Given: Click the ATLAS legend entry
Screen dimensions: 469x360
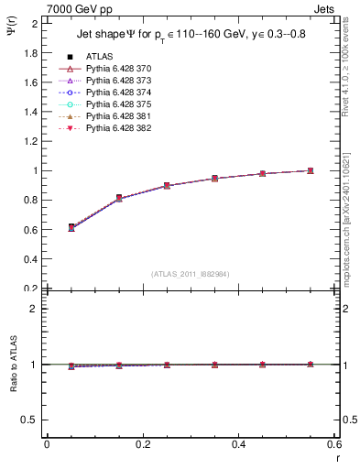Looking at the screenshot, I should (99, 57).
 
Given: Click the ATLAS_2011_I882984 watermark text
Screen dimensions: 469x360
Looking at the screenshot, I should (191, 274).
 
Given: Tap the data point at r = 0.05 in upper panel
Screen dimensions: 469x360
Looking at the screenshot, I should (47, 227).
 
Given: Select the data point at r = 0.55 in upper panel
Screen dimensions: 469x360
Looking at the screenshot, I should (311, 170).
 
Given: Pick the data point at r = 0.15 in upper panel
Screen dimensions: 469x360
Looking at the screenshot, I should (95, 198).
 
